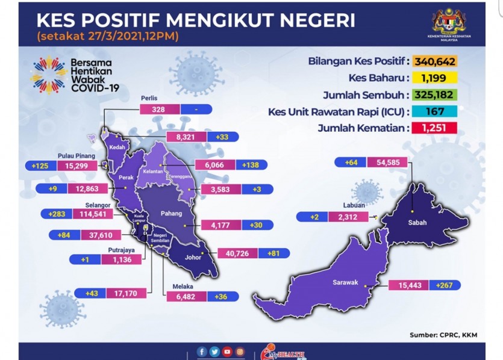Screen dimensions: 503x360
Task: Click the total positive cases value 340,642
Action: coord(435,61)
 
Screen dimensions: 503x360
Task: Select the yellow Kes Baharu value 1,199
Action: coord(435,78)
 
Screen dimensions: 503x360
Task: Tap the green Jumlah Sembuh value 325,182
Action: coord(435,95)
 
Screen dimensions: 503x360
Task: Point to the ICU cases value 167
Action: coord(435,111)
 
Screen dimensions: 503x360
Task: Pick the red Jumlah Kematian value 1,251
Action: coord(435,128)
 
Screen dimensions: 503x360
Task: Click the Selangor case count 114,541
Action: coord(93,214)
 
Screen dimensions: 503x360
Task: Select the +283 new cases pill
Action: coord(57,214)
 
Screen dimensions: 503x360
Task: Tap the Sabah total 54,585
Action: coord(387,162)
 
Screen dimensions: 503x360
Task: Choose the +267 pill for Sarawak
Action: coord(445,285)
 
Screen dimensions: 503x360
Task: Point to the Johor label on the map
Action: coord(193,257)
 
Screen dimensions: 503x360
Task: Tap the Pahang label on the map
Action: coord(171,214)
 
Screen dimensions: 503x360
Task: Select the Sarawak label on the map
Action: coord(345,282)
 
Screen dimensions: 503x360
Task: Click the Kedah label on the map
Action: coord(117,147)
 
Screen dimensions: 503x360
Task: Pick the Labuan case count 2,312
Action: coord(348,217)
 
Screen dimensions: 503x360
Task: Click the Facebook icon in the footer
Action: coord(202,352)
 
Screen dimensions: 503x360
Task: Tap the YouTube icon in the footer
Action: coord(227,352)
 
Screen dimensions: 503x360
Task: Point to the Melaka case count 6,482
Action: coord(186,297)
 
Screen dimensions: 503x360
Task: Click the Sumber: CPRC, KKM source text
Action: coord(443,335)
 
